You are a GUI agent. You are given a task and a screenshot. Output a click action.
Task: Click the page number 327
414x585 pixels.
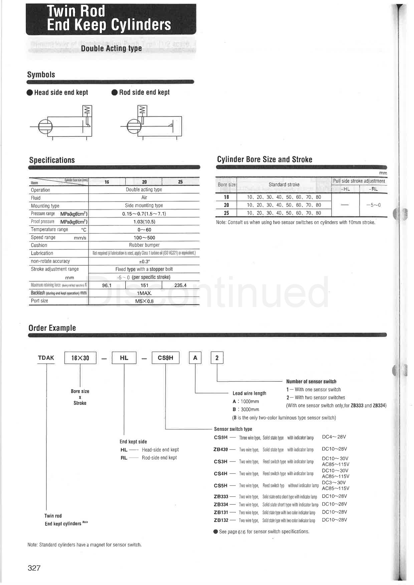pos(34,568)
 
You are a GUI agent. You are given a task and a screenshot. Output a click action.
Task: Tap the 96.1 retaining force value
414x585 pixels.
pos(107,285)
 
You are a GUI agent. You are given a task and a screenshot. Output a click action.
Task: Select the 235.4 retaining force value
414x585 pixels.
pos(180,285)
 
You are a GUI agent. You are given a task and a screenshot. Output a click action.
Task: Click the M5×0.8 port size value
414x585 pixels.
pos(144,301)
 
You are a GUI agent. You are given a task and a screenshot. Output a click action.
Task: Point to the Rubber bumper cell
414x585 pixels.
pos(144,245)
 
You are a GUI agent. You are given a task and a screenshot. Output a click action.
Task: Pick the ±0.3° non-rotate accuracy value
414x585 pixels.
pos(144,261)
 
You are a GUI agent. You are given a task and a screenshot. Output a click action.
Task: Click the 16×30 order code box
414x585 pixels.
pos(80,358)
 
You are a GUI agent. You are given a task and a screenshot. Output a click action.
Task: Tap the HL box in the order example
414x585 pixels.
pos(124,358)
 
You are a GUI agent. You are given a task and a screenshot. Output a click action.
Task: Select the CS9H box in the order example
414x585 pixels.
pos(166,358)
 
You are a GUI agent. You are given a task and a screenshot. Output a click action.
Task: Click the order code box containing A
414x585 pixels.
pos(195,358)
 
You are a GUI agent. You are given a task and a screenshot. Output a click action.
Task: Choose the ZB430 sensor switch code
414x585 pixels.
pos(220,450)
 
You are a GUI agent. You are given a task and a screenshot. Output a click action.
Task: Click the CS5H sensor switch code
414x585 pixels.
pos(220,486)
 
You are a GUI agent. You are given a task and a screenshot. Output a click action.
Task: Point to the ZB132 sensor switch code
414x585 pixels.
pos(221,520)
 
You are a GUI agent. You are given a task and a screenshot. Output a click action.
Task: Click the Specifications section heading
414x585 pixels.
pos(52,160)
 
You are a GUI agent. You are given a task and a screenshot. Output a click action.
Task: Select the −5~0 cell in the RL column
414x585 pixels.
pos(373,205)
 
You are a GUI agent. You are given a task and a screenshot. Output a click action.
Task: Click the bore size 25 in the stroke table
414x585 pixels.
pos(226,213)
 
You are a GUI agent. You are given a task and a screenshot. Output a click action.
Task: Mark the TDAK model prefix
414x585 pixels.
pos(46,358)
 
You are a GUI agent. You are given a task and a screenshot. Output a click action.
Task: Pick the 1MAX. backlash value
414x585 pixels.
pos(144,293)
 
